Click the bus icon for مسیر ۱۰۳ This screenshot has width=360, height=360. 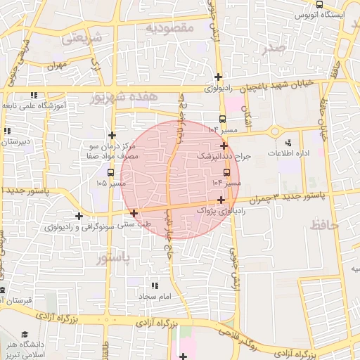(x=223, y=119)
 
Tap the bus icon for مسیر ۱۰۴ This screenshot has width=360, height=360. (x=226, y=172)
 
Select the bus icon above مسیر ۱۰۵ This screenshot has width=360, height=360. (x=111, y=171)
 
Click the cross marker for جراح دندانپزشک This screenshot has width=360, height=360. (x=224, y=146)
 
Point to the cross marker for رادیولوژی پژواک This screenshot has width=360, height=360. (x=221, y=200)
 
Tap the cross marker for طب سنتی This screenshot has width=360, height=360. (x=134, y=212)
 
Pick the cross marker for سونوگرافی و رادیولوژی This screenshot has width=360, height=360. (x=79, y=216)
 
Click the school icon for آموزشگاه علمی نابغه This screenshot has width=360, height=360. (x=33, y=95)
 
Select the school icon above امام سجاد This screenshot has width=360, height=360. (x=155, y=285)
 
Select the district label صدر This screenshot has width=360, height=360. (x=273, y=47)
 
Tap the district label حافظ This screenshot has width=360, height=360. (x=324, y=224)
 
